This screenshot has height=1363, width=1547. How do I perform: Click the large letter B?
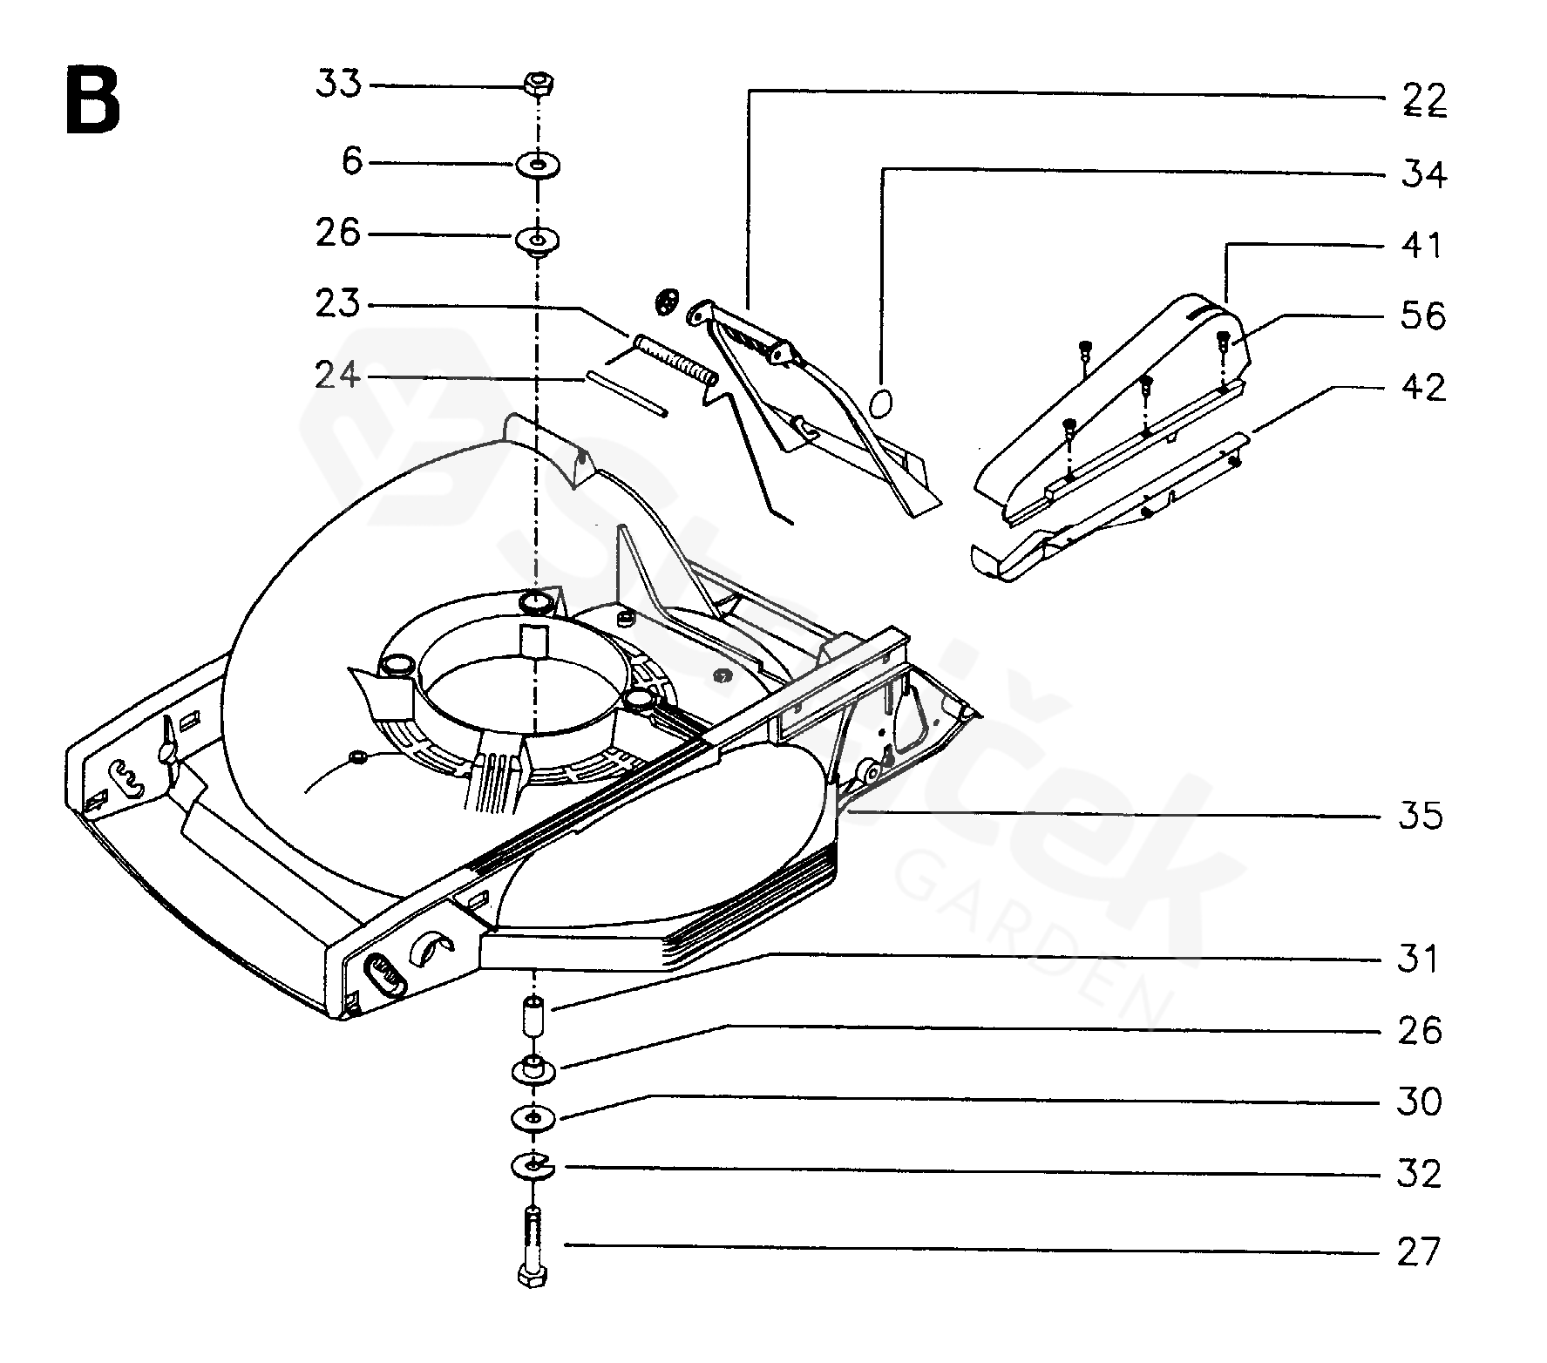pos(93,103)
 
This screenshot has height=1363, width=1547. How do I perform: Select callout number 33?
pos(339,85)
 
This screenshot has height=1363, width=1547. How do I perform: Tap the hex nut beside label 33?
pos(539,85)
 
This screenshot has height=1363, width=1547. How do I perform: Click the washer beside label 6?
pos(539,164)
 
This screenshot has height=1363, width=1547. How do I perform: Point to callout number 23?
pos(339,304)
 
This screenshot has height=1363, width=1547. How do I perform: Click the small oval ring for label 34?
pos(882,403)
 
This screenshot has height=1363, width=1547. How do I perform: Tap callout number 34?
pos(1424,174)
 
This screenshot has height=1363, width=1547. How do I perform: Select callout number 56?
pos(1424,315)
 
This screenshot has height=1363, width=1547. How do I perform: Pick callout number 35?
pos(1421,817)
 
